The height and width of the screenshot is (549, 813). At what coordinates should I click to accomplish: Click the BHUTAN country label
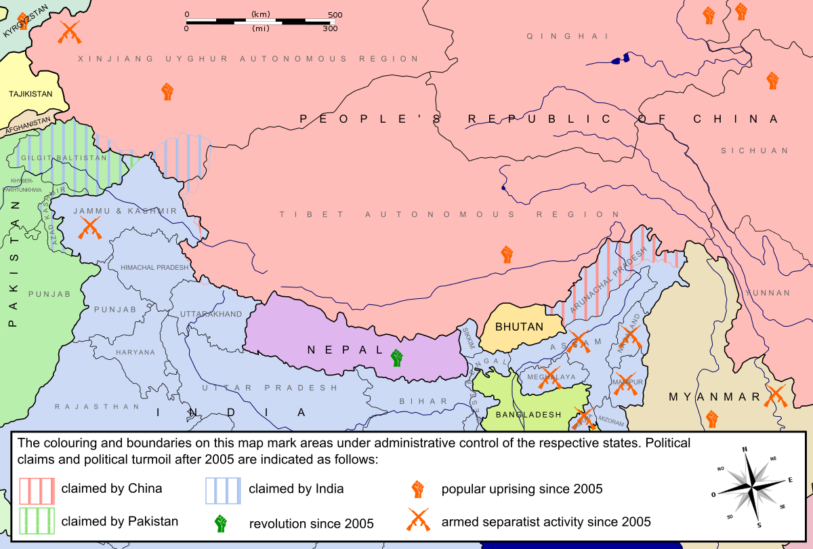click(x=519, y=327)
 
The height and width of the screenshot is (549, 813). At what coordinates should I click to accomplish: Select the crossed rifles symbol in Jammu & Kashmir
click(x=90, y=228)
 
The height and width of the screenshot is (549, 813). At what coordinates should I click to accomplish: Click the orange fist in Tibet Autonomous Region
click(x=507, y=255)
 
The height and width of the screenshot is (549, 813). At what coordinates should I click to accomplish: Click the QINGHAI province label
click(x=567, y=37)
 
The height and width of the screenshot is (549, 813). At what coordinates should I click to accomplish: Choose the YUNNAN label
click(x=768, y=293)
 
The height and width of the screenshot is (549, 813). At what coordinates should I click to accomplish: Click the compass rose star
click(x=745, y=487)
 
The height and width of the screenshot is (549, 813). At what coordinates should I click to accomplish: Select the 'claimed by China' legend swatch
click(x=37, y=489)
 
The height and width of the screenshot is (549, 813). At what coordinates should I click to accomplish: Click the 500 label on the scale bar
click(x=335, y=14)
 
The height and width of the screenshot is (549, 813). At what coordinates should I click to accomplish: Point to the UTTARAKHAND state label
click(x=211, y=314)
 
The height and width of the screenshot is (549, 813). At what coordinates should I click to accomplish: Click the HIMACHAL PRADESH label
click(x=154, y=268)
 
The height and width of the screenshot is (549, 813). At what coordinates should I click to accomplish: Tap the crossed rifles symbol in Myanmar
click(x=776, y=396)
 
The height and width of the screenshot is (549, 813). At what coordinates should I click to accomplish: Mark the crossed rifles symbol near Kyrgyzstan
click(x=68, y=31)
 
